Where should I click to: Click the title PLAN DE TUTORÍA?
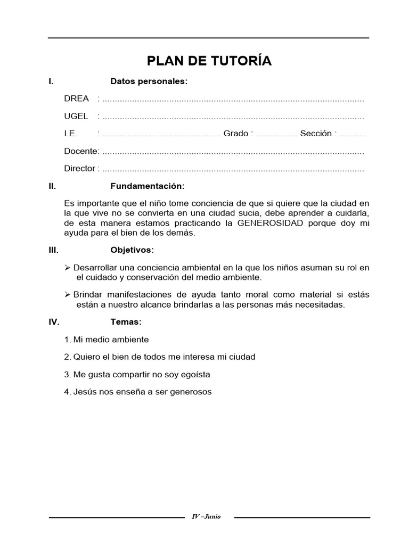209,61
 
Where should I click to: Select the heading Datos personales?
149,81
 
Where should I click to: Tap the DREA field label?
76,99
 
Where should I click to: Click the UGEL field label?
76,116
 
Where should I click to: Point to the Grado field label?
235,134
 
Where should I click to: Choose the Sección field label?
316,134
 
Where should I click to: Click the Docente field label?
81,151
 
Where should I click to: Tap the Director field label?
80,169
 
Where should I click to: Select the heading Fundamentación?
148,186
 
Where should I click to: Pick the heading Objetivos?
132,250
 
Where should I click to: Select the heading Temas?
126,322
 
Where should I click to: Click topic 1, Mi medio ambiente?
106,340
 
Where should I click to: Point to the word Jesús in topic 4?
84,392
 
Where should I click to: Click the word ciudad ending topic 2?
242,357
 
